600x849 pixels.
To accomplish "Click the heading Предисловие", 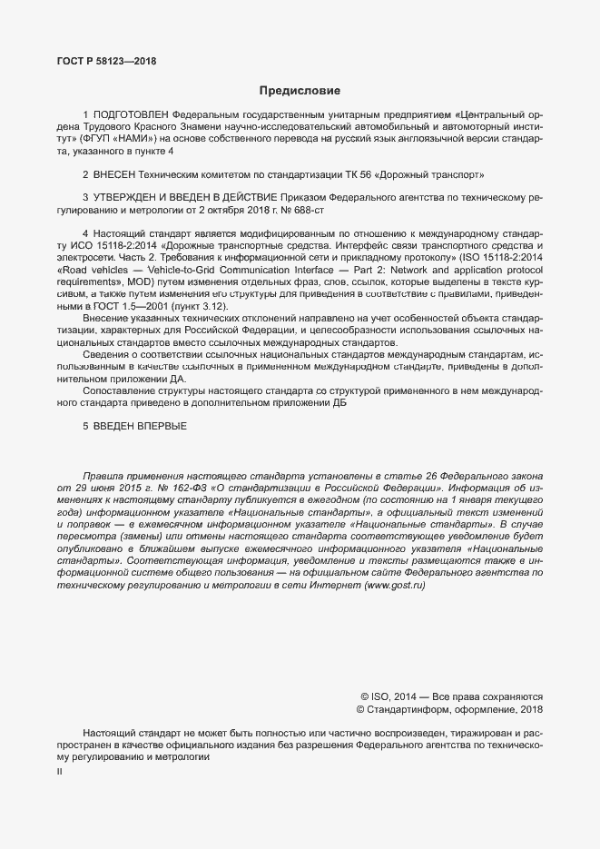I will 300,91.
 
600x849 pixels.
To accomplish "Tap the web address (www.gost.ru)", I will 394,587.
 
